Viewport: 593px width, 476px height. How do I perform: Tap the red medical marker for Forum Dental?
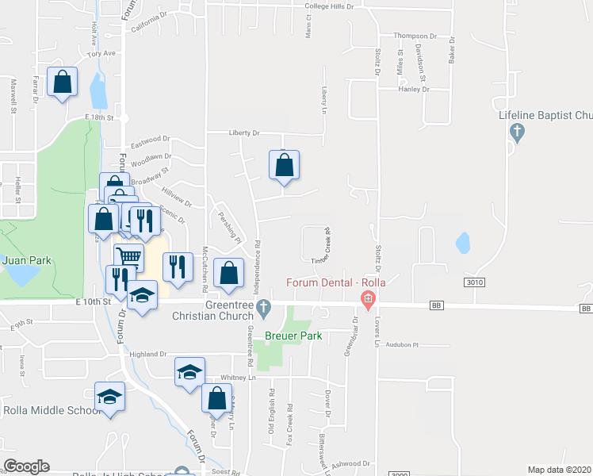367,300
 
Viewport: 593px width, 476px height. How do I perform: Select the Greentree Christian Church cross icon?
267,306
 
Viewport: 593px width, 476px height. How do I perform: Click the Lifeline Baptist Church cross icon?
518,132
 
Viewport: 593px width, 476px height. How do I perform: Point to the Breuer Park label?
293,336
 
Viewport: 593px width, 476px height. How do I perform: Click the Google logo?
26,466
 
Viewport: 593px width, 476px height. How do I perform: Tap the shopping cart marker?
128,256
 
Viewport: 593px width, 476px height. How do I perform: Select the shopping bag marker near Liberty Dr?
284,166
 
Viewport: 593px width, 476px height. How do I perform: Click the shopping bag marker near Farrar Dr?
62,82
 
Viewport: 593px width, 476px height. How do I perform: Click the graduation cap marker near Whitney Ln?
189,372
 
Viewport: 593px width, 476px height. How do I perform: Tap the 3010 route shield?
473,282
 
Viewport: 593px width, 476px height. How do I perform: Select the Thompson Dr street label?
415,36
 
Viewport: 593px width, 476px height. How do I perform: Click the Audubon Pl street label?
402,345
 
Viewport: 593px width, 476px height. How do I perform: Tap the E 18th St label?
100,117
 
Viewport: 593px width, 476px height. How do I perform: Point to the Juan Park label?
18,259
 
